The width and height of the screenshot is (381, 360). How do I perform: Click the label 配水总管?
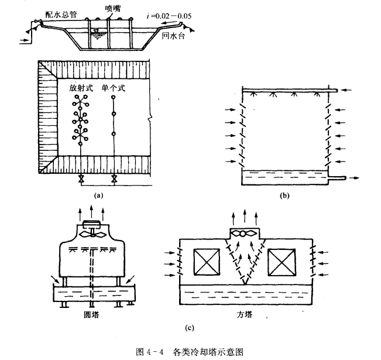click(x=61, y=15)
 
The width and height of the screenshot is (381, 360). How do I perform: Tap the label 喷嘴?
click(x=113, y=9)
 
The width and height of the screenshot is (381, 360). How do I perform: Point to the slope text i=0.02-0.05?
click(x=169, y=16)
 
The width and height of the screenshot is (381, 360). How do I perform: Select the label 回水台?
click(x=173, y=36)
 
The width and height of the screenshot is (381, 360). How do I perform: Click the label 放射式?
click(x=81, y=88)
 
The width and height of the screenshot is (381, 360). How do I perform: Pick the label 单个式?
click(x=114, y=88)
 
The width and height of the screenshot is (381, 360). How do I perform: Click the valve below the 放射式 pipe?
click(x=81, y=179)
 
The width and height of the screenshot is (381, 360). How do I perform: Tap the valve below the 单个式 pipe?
click(x=114, y=179)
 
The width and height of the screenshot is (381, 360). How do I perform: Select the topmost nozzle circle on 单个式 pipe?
click(x=113, y=97)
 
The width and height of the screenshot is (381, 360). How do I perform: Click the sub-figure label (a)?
click(x=98, y=195)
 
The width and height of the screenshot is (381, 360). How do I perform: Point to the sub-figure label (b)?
click(x=284, y=195)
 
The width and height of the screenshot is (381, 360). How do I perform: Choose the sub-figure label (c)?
click(x=190, y=328)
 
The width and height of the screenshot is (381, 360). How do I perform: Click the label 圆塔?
click(x=91, y=315)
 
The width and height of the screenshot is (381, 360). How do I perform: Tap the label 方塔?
click(x=245, y=315)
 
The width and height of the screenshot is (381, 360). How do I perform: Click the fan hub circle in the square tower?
click(x=243, y=234)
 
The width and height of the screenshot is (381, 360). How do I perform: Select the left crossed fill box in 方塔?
click(x=207, y=262)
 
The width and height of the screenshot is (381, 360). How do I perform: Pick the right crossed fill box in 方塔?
click(x=282, y=262)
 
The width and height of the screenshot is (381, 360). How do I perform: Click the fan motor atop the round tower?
click(x=91, y=224)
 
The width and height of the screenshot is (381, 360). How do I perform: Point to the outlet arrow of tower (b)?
click(x=355, y=178)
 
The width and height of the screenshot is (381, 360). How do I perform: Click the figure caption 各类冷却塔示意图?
click(x=208, y=351)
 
